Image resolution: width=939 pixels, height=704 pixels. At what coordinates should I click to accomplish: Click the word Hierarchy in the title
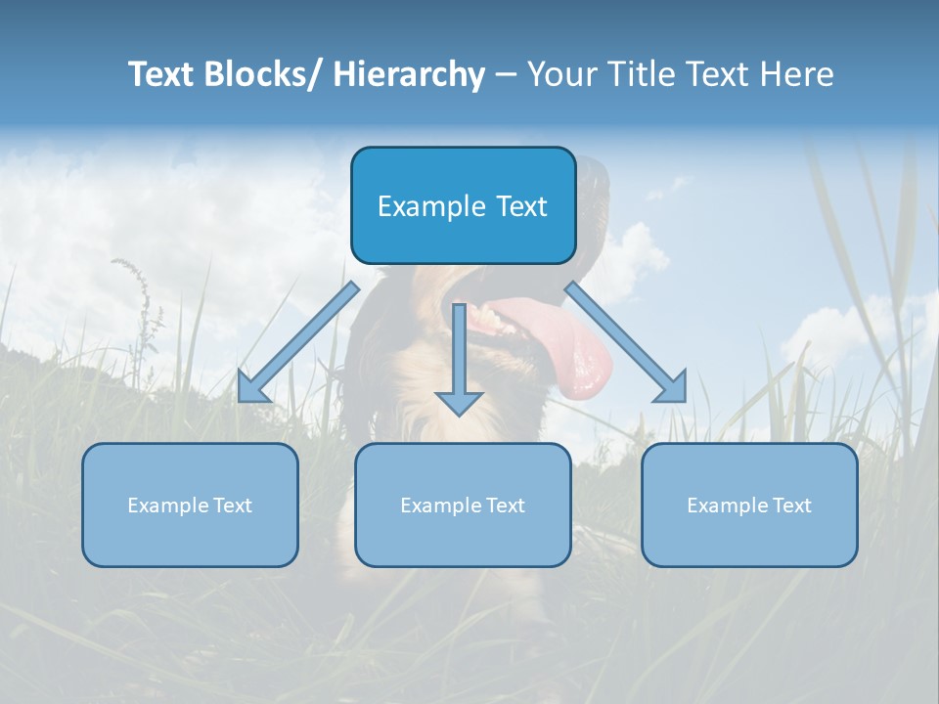(x=409, y=74)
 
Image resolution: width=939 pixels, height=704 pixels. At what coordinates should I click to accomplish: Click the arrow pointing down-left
(x=298, y=342)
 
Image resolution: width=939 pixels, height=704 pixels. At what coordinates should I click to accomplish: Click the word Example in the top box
(x=424, y=206)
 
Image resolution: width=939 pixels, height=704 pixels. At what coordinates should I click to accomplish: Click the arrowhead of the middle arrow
(x=459, y=401)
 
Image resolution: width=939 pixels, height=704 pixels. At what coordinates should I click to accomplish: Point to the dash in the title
(x=506, y=74)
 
